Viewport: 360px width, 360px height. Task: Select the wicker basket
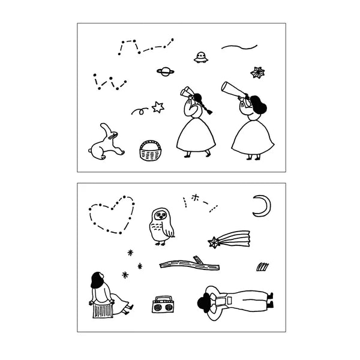click(x=151, y=151)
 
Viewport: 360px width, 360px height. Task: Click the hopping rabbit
click(x=107, y=143)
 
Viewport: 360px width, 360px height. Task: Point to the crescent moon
click(x=261, y=206)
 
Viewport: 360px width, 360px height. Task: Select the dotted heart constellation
click(x=112, y=214)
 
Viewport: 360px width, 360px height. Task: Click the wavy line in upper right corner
click(x=239, y=46)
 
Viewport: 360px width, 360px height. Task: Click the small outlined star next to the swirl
click(x=158, y=107)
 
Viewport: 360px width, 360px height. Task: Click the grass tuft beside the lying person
click(x=262, y=266)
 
